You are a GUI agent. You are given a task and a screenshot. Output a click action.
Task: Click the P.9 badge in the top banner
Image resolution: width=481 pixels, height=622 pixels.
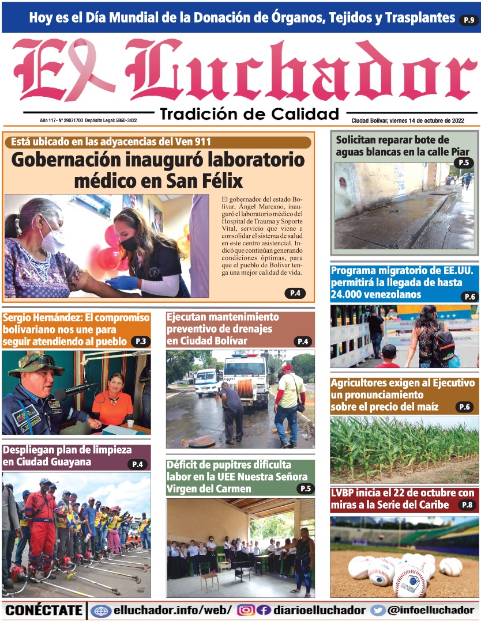pyautogui.click(x=468, y=21)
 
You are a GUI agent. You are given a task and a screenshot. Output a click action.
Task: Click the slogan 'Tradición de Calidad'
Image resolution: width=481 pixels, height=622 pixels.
pyautogui.click(x=249, y=113)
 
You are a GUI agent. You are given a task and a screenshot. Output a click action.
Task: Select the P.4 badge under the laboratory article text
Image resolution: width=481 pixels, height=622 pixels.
pyautogui.click(x=295, y=293)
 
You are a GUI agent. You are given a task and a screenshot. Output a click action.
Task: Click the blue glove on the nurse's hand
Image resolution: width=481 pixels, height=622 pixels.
pyautogui.click(x=122, y=282)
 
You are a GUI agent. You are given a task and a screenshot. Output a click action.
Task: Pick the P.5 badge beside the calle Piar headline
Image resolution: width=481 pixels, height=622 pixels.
pyautogui.click(x=464, y=163)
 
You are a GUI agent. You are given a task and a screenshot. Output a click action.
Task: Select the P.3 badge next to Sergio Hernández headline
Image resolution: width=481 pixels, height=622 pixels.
pyautogui.click(x=140, y=342)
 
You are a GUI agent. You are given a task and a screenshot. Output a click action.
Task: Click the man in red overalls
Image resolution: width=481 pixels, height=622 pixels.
pyautogui.click(x=40, y=524)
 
